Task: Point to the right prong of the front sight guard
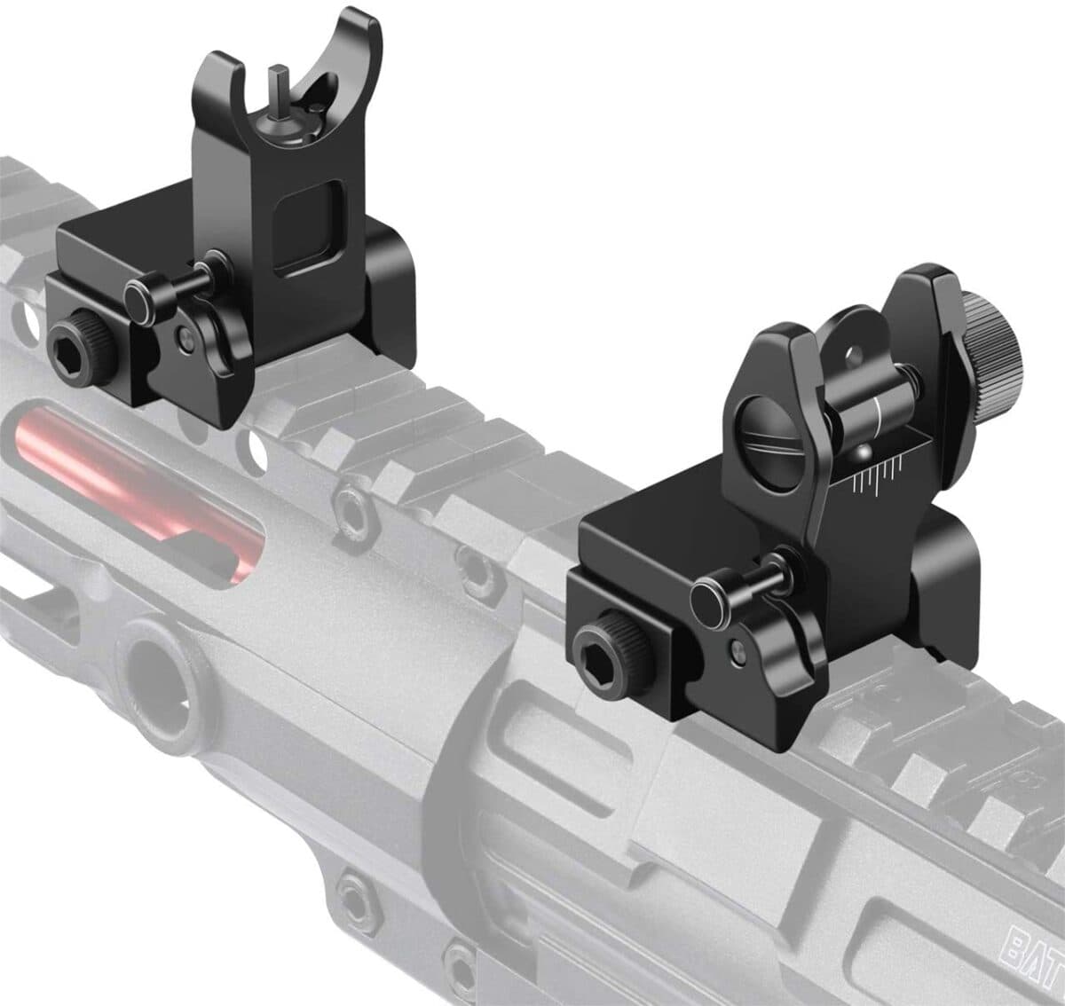pos(371,53)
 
